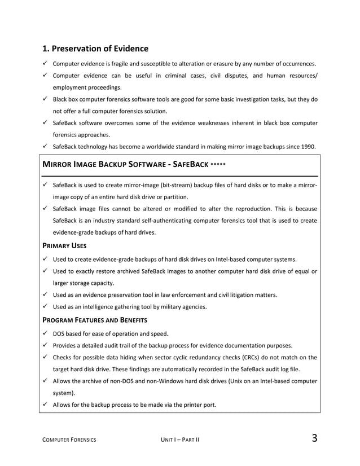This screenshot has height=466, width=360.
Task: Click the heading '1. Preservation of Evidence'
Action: coord(96,49)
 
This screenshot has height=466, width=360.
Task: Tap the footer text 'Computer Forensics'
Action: coord(69,440)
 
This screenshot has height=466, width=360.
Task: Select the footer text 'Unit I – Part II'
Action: coord(180,440)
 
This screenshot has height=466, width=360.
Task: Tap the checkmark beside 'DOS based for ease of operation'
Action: coord(45,332)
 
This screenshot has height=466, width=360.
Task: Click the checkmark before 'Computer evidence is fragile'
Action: coord(45,63)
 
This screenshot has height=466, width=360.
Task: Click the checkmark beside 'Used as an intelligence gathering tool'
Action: coord(45,307)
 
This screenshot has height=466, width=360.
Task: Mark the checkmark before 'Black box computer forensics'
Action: coord(45,99)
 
